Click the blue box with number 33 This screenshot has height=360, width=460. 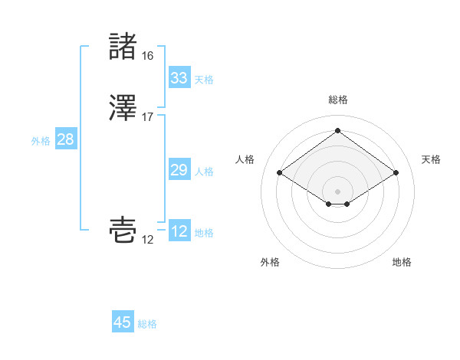point(179,78)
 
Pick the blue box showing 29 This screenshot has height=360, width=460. point(179,170)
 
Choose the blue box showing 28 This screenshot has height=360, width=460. point(66,139)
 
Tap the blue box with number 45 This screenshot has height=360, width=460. point(123,322)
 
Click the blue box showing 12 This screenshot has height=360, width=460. point(179,231)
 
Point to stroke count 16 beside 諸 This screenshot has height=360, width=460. point(147,56)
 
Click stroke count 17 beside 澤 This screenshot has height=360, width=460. point(147,117)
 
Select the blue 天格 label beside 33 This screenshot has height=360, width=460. point(204,80)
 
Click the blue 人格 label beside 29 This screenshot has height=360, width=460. point(204,172)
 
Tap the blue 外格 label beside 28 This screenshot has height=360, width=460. point(41,141)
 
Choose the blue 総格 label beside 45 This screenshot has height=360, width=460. point(147,324)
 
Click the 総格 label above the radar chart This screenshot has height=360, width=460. point(337,100)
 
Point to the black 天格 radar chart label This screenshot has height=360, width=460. point(431,159)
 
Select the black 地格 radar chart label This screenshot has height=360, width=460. point(402,262)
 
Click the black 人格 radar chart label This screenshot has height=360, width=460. point(245,159)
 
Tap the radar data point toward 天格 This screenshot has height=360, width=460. point(396,173)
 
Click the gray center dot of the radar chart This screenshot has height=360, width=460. point(337,190)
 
